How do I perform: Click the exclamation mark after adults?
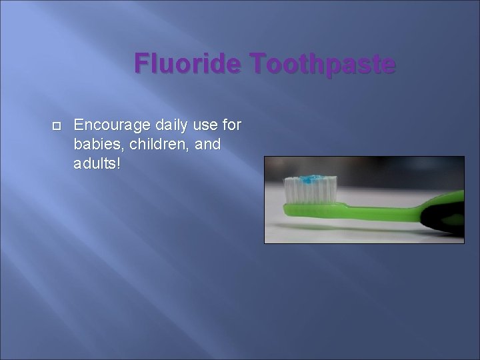119,163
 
